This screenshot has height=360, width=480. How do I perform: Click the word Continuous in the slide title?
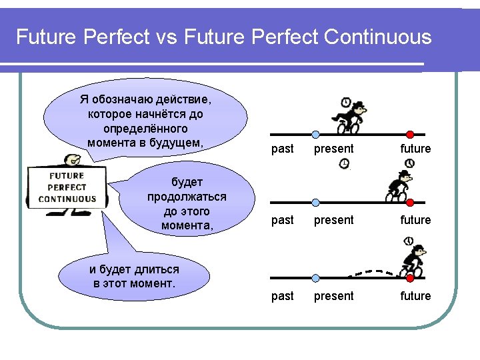(378, 37)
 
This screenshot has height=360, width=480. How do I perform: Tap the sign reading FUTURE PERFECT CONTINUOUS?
(67, 188)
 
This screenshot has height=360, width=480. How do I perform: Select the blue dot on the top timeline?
(316, 134)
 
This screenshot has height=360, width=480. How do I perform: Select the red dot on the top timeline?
(410, 134)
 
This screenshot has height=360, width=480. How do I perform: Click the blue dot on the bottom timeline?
(316, 278)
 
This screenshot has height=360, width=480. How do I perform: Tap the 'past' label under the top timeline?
(283, 149)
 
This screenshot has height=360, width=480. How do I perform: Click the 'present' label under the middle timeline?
(334, 219)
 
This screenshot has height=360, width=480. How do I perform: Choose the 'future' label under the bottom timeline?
(415, 295)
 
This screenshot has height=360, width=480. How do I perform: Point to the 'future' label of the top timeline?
(415, 149)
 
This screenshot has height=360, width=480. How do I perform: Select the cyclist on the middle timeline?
(400, 186)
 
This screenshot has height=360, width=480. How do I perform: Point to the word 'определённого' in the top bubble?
(146, 128)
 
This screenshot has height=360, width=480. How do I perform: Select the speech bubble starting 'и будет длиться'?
(134, 276)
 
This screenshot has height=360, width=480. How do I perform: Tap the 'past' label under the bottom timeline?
(283, 295)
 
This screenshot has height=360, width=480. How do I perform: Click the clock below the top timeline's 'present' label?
(344, 163)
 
